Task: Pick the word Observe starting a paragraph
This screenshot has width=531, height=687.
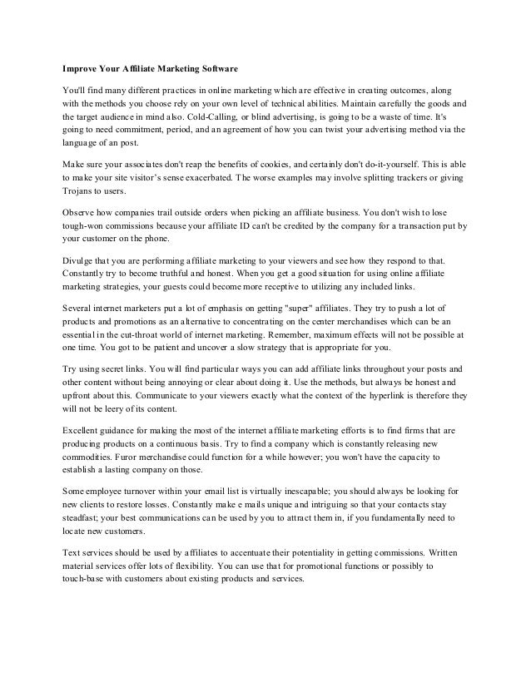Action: pos(82,212)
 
